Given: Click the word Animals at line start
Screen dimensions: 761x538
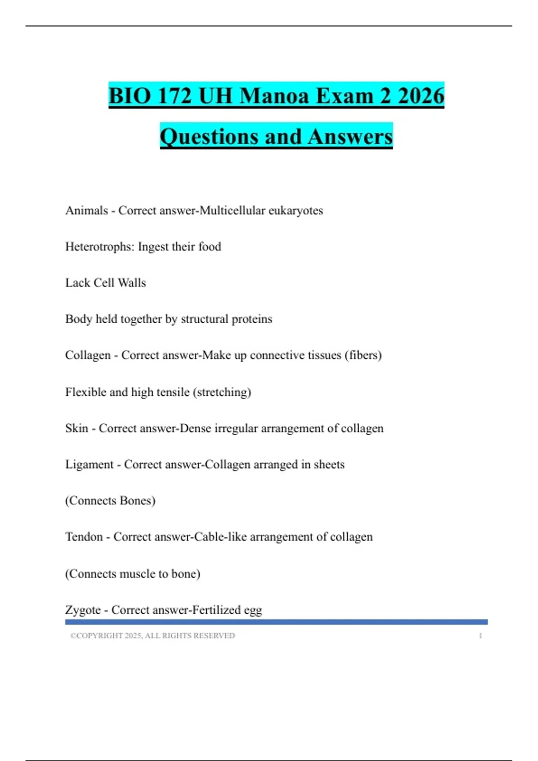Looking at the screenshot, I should pos(87,210).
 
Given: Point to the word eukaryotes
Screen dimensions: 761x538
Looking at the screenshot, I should pos(295,210).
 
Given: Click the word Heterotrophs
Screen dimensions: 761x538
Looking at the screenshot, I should pos(100,247).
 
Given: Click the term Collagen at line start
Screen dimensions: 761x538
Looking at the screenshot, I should pos(88,355).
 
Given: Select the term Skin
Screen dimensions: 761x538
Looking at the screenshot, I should pos(77,428).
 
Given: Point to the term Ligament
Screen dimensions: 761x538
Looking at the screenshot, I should pos(89,465).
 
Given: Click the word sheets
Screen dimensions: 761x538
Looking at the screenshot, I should pos(329,465).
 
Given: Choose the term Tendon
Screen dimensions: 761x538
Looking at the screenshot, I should pos(84,537).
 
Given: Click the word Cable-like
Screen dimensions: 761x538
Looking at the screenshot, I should pos(220,537).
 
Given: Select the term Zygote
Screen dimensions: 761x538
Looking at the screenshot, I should pos(83,610).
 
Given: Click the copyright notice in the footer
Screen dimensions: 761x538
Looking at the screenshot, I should pos(152,636).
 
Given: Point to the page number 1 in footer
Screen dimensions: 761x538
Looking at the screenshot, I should pos(480,636).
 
